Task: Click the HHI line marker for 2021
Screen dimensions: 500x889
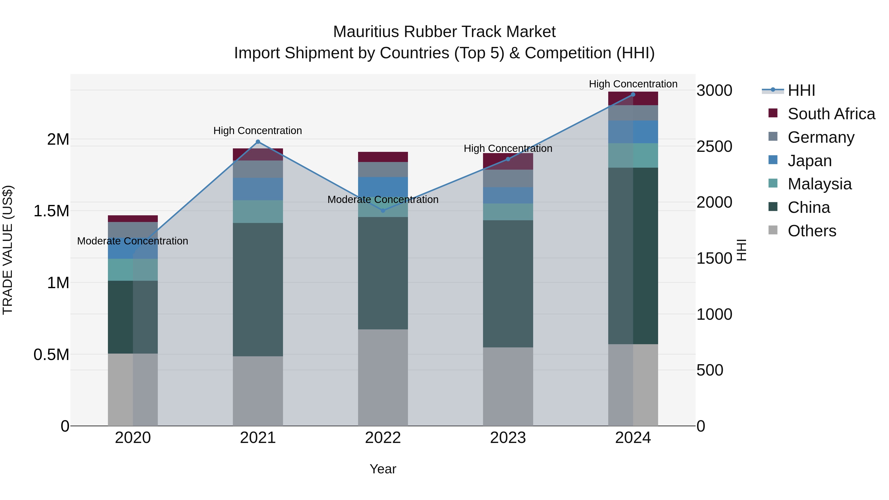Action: pos(258,142)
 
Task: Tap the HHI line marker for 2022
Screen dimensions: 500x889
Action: pos(383,210)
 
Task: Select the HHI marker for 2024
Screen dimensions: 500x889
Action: pos(633,95)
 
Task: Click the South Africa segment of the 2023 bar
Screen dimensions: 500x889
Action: pos(508,161)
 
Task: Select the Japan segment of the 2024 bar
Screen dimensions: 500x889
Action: pos(633,132)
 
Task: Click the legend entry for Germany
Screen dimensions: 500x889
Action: pos(821,137)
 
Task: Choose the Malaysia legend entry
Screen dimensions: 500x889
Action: pos(819,184)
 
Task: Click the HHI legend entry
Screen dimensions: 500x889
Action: pos(801,90)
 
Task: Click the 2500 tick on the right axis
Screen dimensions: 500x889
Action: pos(714,146)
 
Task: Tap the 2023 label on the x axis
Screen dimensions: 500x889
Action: pos(508,438)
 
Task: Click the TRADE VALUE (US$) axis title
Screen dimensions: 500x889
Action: pos(8,250)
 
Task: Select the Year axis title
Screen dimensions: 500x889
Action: pos(383,469)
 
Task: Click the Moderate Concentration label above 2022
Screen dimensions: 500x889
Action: pos(383,200)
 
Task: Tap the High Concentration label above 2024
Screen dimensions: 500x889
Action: pos(633,84)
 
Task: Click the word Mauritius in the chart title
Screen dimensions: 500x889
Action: pos(366,32)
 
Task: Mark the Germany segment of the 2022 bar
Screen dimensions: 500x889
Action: pos(383,169)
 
